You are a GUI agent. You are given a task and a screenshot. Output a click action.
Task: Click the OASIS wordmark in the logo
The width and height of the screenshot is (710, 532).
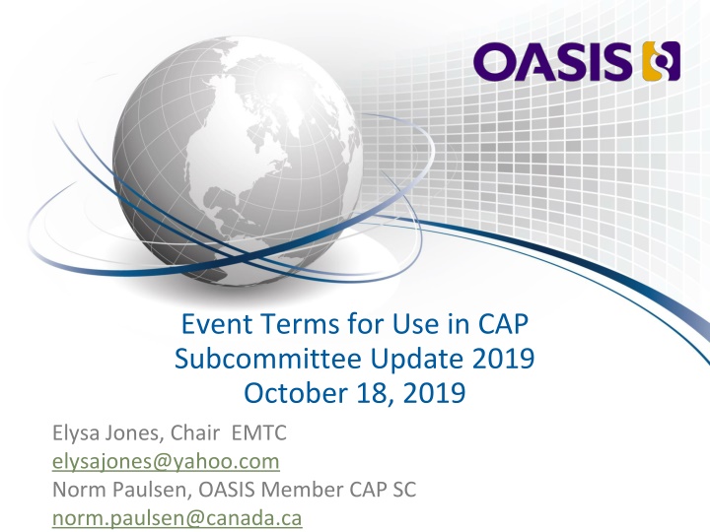[x=553, y=61]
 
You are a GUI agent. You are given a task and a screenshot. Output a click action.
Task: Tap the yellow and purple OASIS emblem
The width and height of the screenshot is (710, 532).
[x=662, y=61]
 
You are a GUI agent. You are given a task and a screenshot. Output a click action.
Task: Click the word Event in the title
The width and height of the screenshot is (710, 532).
[x=216, y=324]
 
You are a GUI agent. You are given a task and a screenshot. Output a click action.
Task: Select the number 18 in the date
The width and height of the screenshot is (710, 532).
[x=374, y=393]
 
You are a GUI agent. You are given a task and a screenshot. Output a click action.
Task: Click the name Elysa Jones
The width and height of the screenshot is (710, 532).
[x=107, y=432]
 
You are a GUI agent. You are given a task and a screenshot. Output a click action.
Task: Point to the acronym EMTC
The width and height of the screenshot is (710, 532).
[x=259, y=432]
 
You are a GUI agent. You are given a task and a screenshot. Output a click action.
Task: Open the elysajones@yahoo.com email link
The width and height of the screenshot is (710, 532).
[x=166, y=461]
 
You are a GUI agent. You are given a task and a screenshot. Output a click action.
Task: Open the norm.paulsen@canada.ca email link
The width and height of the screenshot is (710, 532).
[x=177, y=518]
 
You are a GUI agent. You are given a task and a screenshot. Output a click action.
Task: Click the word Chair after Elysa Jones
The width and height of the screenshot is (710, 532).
[x=195, y=432]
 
